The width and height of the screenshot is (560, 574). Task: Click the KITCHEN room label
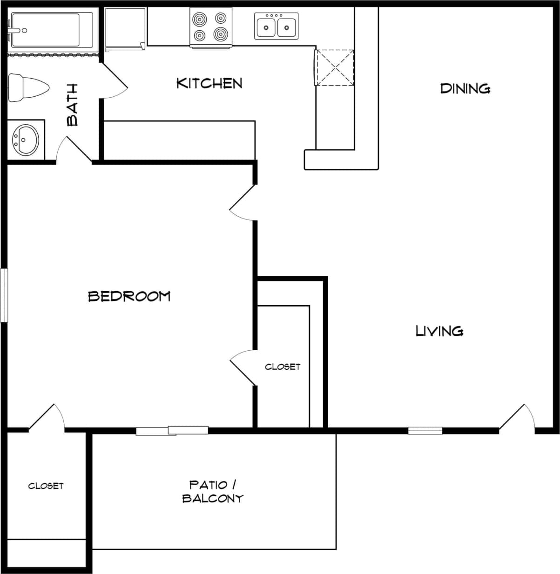click(209, 83)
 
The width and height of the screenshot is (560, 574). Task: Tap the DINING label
click(465, 88)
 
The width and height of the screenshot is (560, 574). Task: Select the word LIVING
click(439, 331)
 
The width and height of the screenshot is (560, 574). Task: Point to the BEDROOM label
click(129, 296)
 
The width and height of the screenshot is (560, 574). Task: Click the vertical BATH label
click(73, 105)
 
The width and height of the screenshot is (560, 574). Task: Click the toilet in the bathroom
click(28, 87)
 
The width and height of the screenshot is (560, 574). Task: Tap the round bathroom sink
click(26, 139)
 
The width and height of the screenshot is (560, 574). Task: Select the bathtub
click(52, 30)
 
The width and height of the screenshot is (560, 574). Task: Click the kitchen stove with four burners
click(211, 27)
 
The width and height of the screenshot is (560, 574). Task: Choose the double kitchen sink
click(276, 26)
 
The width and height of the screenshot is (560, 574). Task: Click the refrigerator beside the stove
click(125, 28)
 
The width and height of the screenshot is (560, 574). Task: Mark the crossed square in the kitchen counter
click(335, 68)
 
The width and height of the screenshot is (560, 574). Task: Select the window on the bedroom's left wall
click(4, 295)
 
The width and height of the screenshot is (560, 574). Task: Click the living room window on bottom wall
click(425, 431)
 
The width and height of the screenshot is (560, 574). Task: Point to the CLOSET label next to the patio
click(46, 486)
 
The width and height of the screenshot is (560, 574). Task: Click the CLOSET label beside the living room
click(283, 367)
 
